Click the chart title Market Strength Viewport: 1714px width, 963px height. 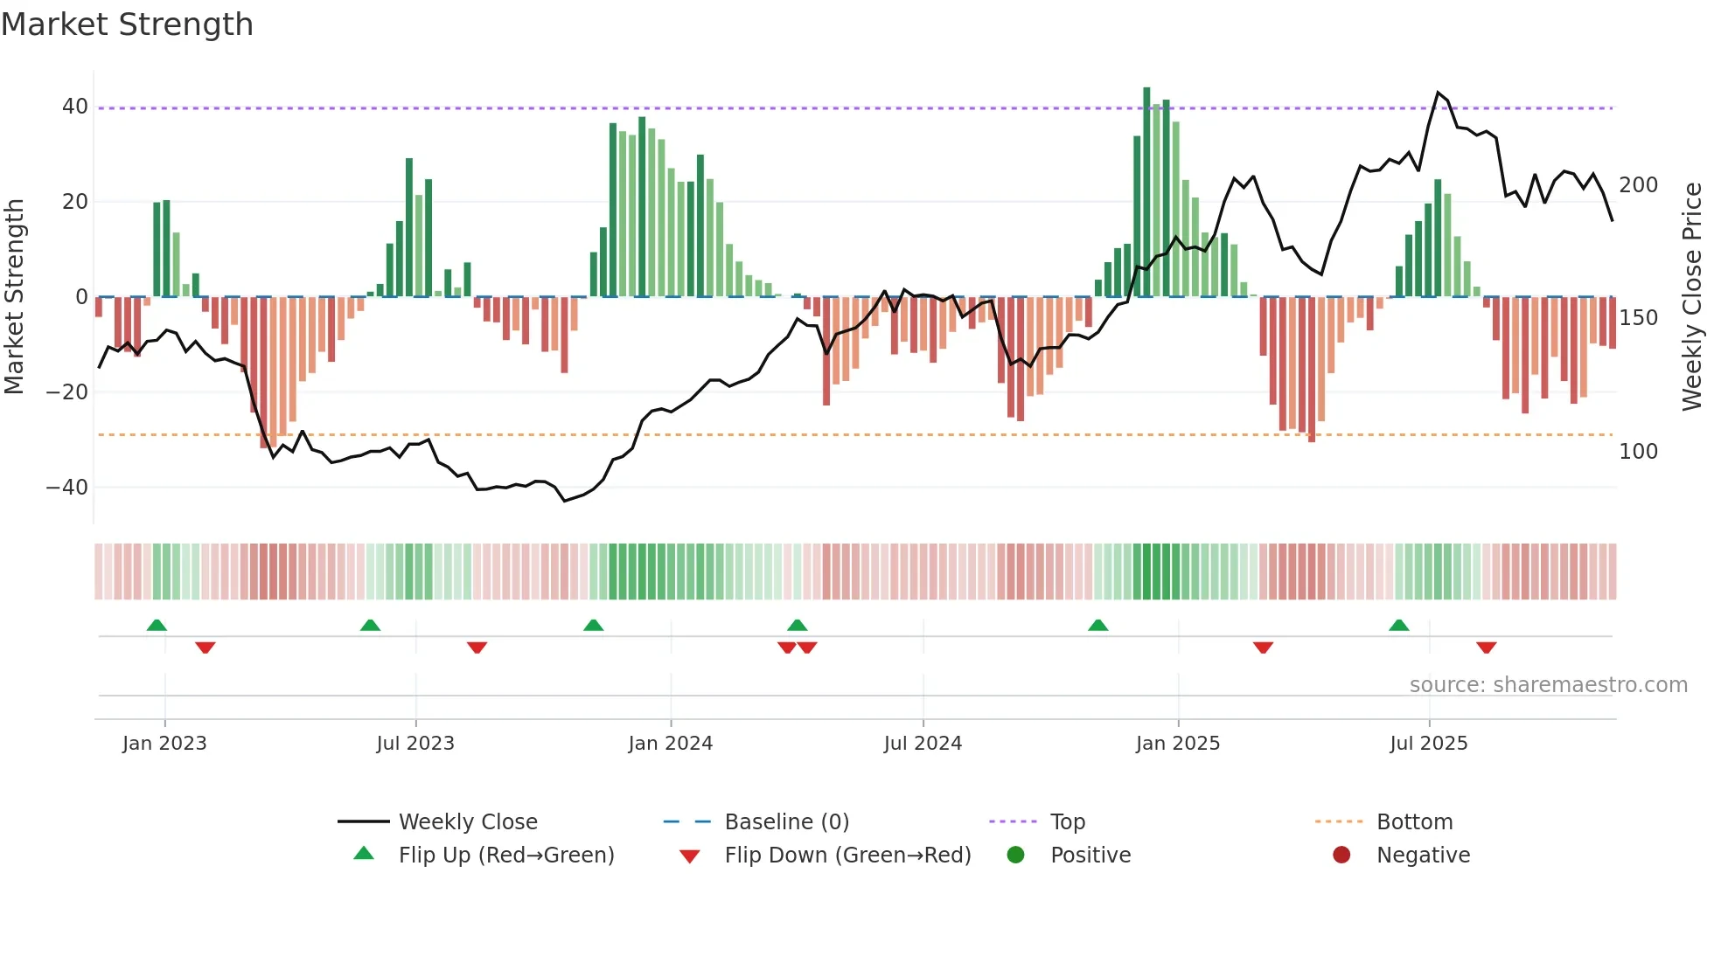click(128, 24)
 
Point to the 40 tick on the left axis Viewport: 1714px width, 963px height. click(75, 107)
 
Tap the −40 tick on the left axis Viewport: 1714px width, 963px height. click(67, 488)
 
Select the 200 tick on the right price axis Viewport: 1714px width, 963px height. click(1638, 185)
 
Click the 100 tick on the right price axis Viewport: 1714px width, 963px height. click(1638, 452)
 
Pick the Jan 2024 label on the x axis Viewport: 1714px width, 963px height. click(670, 744)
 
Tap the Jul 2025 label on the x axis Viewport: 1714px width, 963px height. click(1428, 744)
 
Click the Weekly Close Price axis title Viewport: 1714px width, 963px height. click(1692, 297)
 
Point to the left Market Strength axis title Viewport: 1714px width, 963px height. click(15, 297)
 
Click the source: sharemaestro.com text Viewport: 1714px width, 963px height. click(1548, 685)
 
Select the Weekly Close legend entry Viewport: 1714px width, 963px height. click(468, 822)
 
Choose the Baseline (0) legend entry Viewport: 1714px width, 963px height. click(786, 822)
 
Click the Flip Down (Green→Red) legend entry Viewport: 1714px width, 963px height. click(847, 856)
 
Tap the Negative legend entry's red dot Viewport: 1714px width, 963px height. click(1341, 856)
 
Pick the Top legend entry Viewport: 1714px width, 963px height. click(1067, 822)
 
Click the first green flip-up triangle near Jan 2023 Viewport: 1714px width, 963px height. click(157, 626)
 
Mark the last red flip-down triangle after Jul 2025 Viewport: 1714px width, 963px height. click(1486, 648)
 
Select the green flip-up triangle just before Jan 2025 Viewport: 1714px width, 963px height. click(1097, 626)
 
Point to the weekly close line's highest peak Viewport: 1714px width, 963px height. click(1437, 93)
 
